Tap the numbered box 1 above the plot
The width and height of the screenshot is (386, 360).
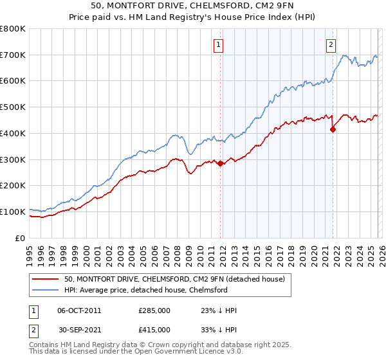tap(219, 44)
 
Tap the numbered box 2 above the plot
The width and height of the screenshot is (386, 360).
tap(331, 44)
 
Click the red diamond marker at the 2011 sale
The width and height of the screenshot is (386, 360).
tap(221, 163)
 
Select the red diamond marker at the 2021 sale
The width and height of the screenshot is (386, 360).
tap(333, 129)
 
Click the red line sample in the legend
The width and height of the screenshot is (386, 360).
tap(45, 279)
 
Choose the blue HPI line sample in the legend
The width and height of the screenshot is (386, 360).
tap(45, 290)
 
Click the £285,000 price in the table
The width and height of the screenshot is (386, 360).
tap(154, 310)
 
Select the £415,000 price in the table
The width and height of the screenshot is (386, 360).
tap(154, 330)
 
